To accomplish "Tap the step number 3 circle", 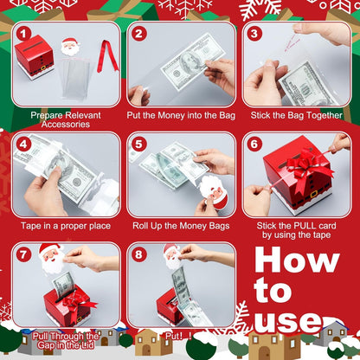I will (x=254, y=34).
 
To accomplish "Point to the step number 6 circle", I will (x=254, y=145).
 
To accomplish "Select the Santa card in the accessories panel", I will (x=72, y=45).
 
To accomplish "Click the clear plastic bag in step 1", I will (x=73, y=76).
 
